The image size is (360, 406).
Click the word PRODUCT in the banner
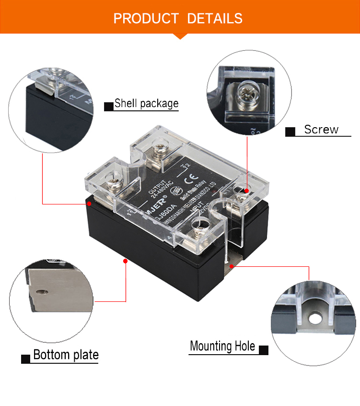coord(146,19)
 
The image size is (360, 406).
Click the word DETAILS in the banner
coord(215,19)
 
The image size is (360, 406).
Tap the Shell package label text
coord(146,103)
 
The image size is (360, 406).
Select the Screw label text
coord(321,130)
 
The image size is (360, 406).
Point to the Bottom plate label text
coord(66,355)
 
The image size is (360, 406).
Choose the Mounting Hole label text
coord(222,346)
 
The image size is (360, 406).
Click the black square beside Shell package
coord(109,106)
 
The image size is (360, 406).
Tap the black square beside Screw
coord(290,132)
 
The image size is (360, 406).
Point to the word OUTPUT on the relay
coord(158,182)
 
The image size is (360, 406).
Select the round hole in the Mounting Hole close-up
coord(315,318)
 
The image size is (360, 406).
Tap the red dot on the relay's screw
coord(246,191)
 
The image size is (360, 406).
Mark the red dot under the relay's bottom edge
coord(125,261)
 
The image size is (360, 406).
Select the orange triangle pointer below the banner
coord(180,36)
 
